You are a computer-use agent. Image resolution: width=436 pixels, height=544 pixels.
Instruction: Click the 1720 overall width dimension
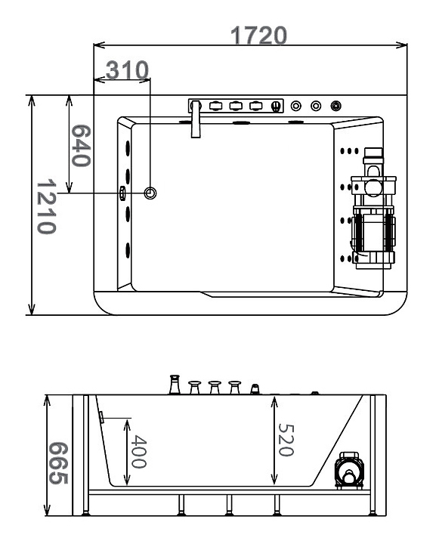(x=258, y=36)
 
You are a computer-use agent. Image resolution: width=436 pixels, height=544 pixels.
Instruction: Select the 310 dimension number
(x=127, y=70)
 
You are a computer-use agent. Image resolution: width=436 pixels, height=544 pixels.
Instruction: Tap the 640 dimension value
(x=81, y=146)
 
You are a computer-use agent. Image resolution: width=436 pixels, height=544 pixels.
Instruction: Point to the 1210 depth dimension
(x=47, y=207)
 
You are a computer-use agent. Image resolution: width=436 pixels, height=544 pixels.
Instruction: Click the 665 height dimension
(x=58, y=463)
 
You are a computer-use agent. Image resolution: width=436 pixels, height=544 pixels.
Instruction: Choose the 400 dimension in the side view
(x=138, y=451)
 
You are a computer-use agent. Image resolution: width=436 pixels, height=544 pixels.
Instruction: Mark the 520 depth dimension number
(x=286, y=440)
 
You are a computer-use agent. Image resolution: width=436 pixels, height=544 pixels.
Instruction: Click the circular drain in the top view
(x=150, y=193)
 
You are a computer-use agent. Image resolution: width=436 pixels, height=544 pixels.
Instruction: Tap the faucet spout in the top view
(x=196, y=119)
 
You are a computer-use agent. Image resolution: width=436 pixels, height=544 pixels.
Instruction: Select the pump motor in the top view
(x=373, y=209)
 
